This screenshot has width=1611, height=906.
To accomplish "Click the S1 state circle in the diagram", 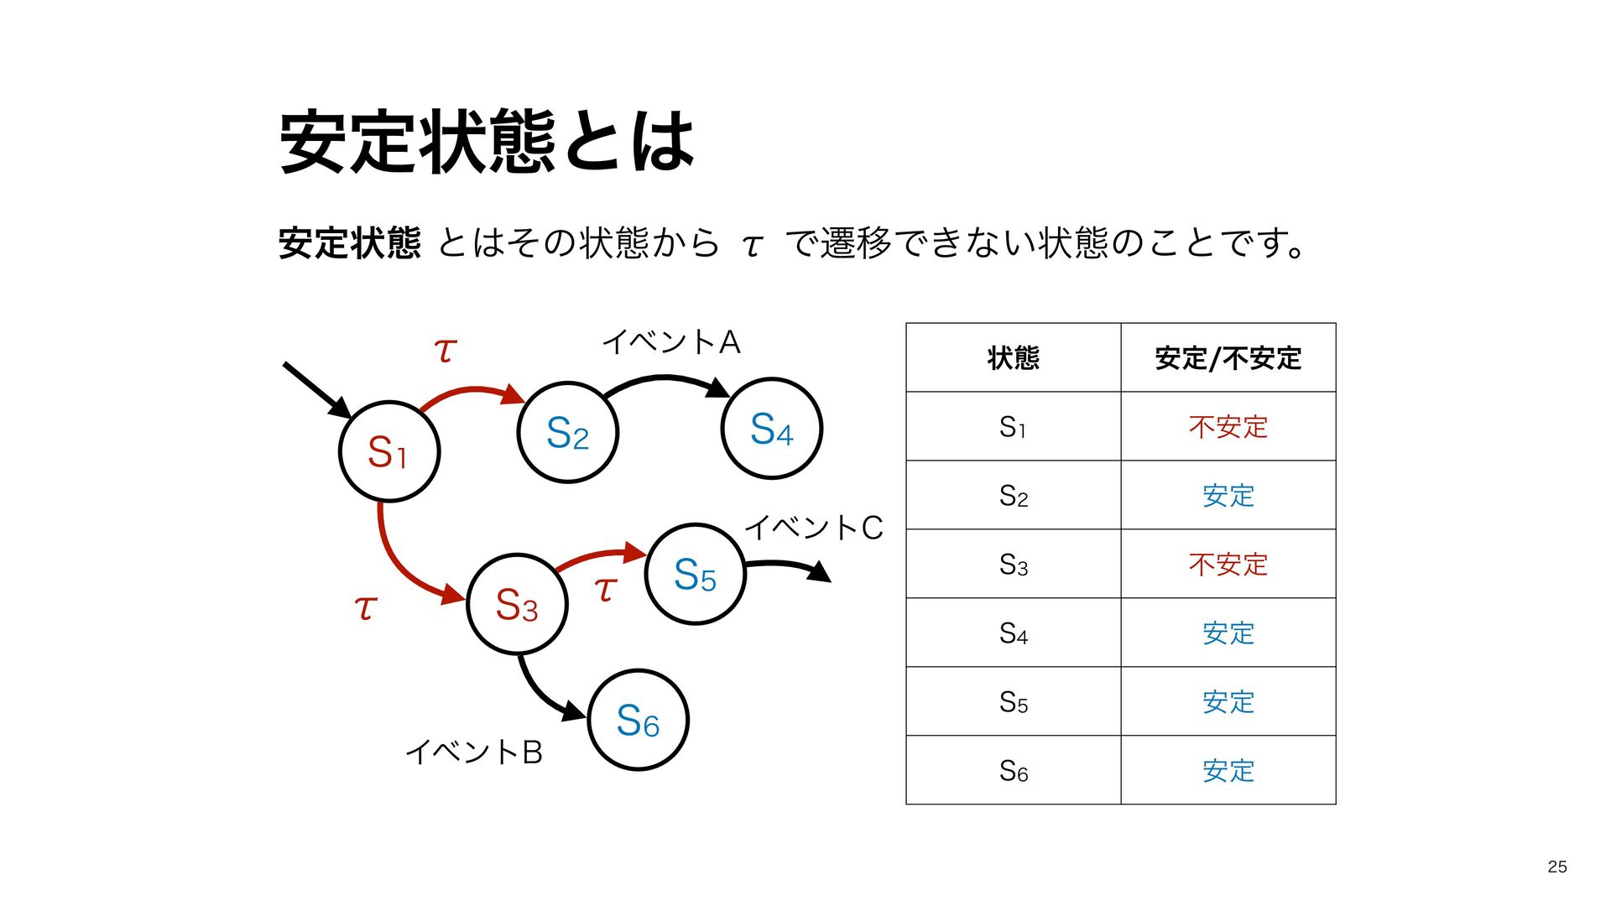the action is (389, 451).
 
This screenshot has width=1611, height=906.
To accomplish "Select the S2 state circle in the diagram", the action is (567, 433).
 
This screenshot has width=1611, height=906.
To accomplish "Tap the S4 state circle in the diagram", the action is (771, 429).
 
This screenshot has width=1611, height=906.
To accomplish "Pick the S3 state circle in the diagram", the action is (517, 604).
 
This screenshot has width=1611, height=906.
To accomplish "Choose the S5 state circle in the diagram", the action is (695, 575).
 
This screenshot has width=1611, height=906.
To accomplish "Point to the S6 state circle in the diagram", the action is (638, 720).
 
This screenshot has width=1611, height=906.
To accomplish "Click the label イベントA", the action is (671, 342).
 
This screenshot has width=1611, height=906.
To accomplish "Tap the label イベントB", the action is (474, 752).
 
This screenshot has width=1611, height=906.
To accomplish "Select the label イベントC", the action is (813, 528).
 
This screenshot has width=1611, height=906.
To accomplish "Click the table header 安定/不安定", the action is (1228, 358).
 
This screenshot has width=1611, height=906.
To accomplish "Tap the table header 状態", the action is (1013, 358).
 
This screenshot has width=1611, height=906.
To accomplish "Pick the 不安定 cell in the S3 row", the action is (1228, 565).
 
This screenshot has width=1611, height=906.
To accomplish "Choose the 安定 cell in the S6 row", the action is (1228, 770).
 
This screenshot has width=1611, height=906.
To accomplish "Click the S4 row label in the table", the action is (1013, 633).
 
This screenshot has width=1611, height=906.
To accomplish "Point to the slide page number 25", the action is (1556, 867).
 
